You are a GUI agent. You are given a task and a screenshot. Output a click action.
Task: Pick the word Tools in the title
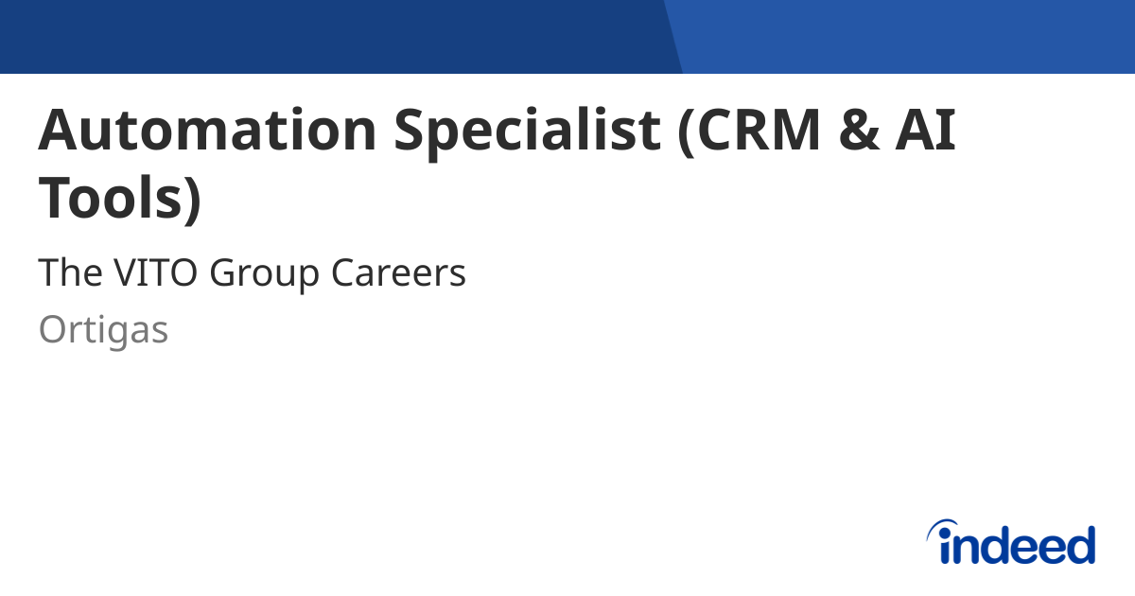pos(109,196)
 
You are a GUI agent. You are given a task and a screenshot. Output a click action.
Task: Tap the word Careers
pos(398,273)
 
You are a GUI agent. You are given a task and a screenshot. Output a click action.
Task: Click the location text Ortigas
pos(103,331)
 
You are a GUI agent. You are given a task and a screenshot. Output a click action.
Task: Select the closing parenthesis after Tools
pos(192,198)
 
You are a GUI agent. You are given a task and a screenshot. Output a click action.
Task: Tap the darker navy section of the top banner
pos(331,36)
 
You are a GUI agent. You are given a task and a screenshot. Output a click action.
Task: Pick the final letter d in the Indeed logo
pos(1080,545)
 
